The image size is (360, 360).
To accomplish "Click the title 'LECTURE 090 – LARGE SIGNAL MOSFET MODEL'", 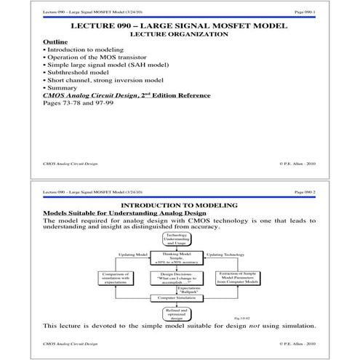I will (x=180, y=26).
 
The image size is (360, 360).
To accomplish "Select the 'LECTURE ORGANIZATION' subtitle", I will (x=180, y=34).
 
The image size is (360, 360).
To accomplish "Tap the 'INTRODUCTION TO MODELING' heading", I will (x=180, y=206).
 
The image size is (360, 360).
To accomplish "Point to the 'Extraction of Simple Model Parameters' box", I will (x=237, y=279).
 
